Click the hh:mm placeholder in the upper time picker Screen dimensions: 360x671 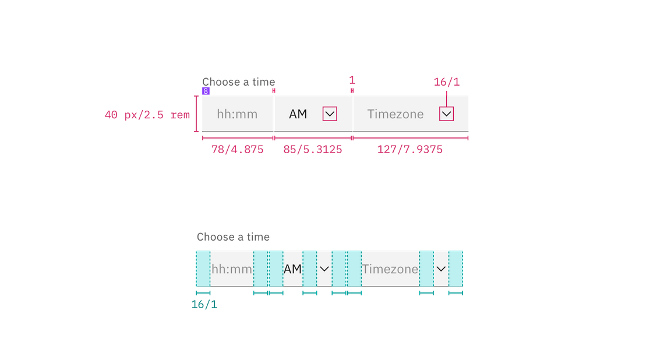point(237,114)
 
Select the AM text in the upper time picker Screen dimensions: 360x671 point(298,114)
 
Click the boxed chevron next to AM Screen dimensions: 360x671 point(330,114)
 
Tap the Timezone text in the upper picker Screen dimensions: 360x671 point(395,114)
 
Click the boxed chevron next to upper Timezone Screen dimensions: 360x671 point(447,114)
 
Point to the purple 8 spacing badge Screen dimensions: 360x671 point(206,91)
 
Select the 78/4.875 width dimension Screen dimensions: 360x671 point(238,150)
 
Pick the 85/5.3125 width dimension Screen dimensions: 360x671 point(313,150)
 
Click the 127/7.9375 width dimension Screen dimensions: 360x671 point(411,150)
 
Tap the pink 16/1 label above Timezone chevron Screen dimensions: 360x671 point(447,83)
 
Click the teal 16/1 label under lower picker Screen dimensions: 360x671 point(204,305)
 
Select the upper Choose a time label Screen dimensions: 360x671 point(238,82)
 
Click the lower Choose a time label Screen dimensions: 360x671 point(233,237)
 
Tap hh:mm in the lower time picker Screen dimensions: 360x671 point(232,269)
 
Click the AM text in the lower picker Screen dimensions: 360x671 point(293,269)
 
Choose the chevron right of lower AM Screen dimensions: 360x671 point(324,269)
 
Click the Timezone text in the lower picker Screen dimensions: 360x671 point(390,269)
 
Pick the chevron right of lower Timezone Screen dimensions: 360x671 point(442,269)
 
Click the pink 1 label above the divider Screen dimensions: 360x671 point(352,79)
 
